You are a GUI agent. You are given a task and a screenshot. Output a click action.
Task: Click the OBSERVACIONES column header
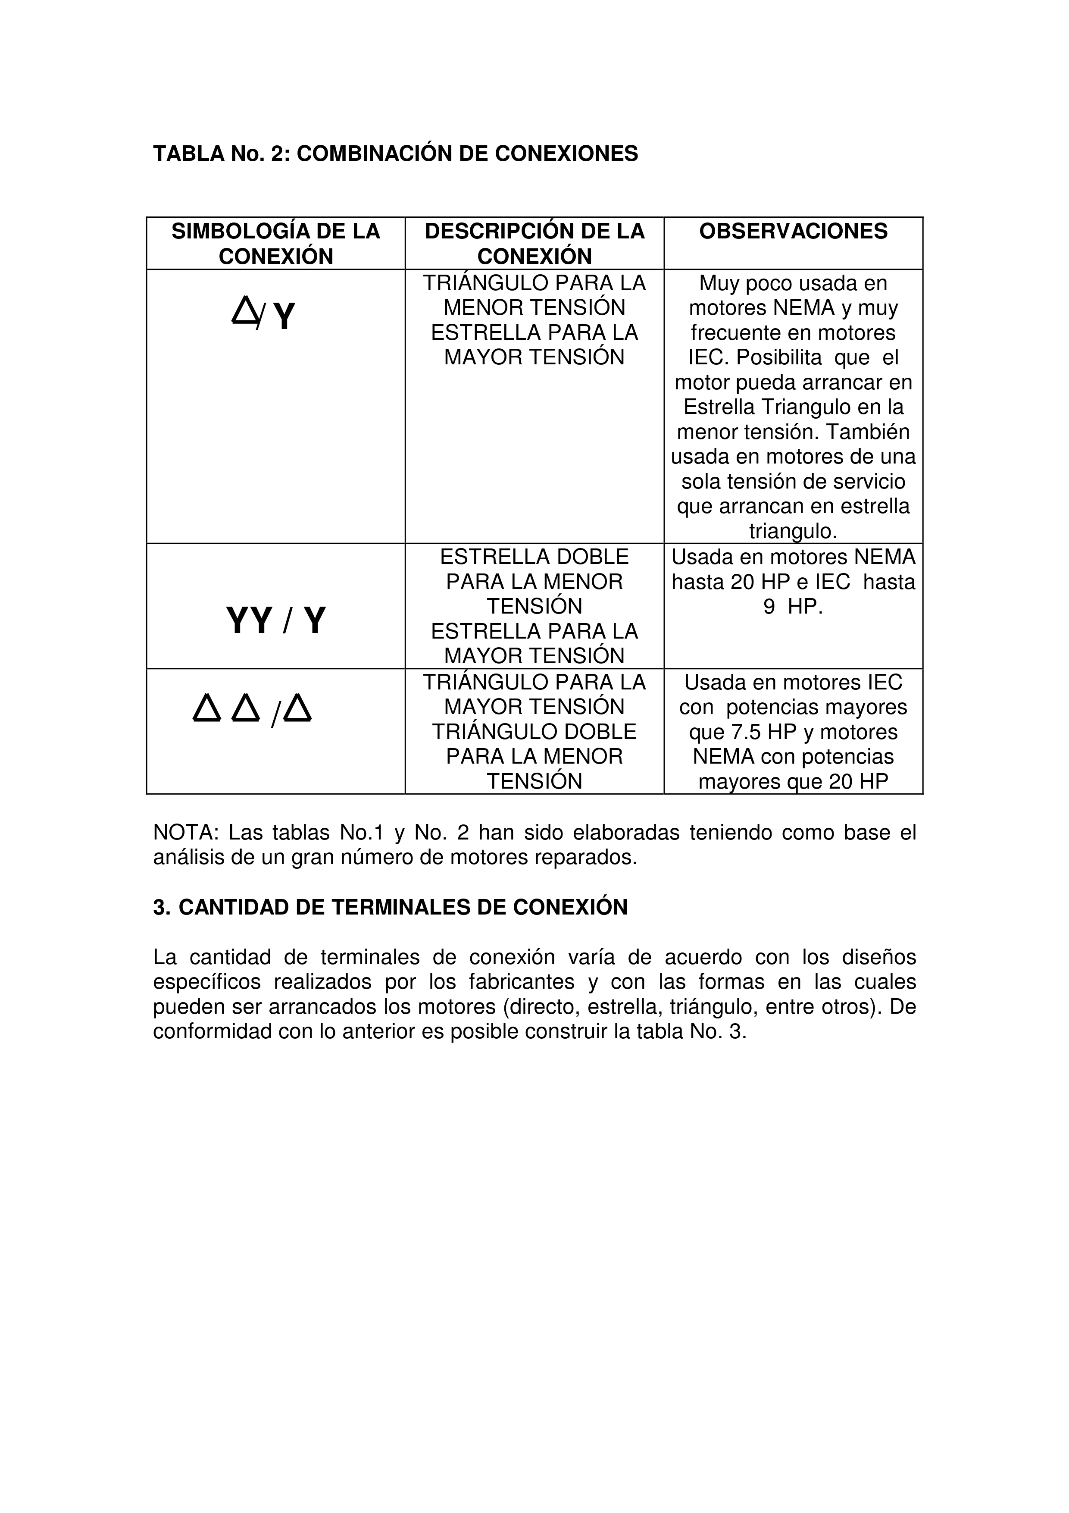point(793,231)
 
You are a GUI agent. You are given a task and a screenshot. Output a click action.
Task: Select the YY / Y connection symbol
point(276,621)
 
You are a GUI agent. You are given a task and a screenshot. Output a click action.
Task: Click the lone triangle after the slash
point(298,710)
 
